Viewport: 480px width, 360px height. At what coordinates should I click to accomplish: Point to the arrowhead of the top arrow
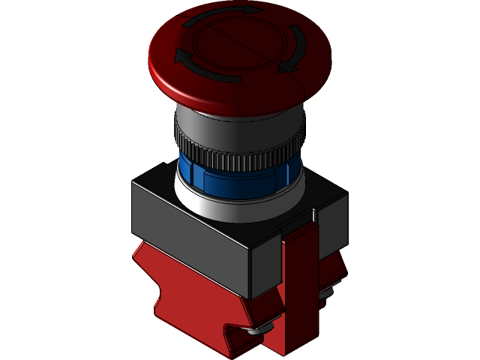255,10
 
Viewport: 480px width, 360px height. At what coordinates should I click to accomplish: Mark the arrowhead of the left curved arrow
181,56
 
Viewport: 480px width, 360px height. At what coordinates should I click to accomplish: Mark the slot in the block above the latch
313,218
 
